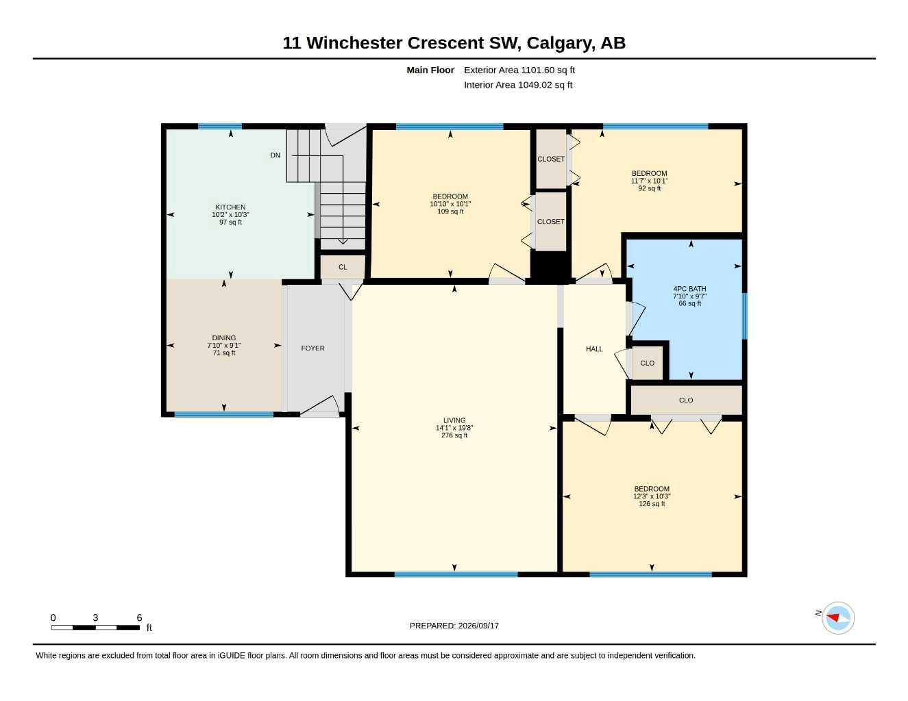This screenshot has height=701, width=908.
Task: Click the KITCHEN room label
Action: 230,207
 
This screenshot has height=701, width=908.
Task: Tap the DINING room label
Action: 224,337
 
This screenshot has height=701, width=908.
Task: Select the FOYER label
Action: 312,348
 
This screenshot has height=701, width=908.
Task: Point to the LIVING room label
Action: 454,420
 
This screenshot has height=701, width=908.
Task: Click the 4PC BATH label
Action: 689,289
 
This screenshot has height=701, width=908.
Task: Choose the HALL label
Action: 594,349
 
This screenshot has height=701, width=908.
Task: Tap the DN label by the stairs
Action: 275,155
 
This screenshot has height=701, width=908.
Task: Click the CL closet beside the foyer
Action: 343,267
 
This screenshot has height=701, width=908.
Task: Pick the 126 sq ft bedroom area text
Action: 652,504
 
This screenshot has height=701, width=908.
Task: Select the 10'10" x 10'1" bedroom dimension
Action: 450,203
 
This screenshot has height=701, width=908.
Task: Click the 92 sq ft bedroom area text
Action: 650,188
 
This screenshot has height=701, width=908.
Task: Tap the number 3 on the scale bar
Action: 95,617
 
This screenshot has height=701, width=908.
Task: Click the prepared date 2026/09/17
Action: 478,626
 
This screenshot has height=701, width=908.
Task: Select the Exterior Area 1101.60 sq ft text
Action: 519,70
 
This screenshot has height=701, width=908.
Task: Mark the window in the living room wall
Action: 456,574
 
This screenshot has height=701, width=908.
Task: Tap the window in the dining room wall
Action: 223,414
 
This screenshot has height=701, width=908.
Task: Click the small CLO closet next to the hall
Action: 647,363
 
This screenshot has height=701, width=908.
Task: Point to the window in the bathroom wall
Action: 744,316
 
